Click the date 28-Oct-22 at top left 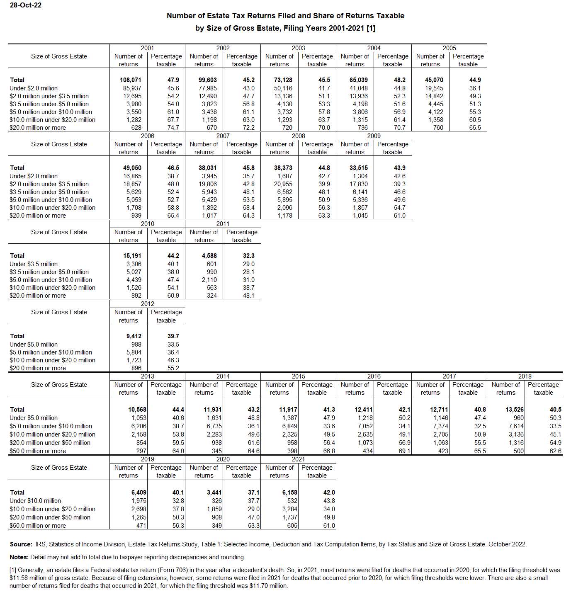point(26,5)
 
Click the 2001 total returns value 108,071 point(131,80)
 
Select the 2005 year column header point(449,48)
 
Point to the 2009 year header point(374,136)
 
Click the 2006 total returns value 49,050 point(132,168)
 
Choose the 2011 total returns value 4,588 point(209,256)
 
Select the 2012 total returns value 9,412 point(134,336)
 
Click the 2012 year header point(147,304)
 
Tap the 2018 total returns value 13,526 point(515,410)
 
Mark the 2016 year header point(374,376)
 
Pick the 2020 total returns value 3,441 point(214,493)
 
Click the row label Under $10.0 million point(35,501)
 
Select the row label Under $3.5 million point(34,264)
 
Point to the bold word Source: point(21,544)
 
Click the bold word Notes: point(19,557)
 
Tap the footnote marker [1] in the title point(371,28)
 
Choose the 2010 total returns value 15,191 point(132,256)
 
